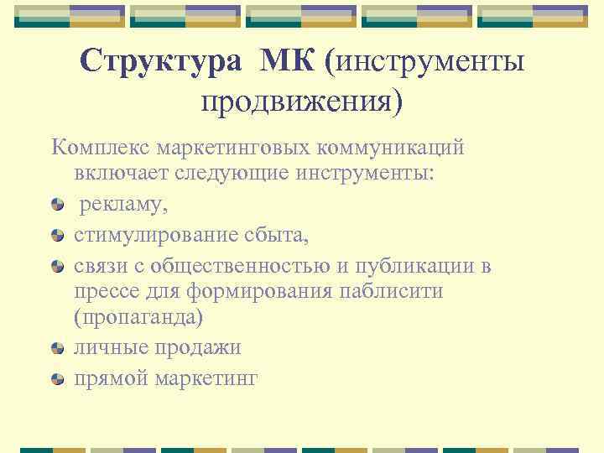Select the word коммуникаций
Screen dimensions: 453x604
tap(393, 148)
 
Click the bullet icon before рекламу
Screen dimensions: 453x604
tap(57, 205)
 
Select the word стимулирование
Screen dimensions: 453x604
tap(151, 236)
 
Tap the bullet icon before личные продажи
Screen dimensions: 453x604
tap(57, 348)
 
